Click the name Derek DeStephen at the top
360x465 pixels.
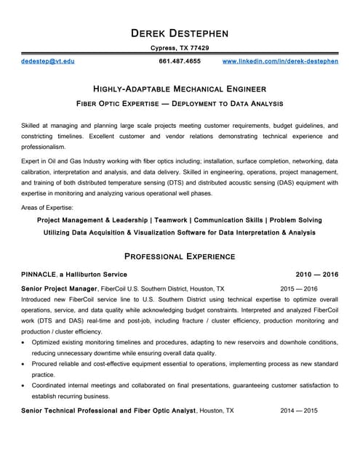coord(180,33)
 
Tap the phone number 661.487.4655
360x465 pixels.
coord(180,61)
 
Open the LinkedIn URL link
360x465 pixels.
coord(280,61)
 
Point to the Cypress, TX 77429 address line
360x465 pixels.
coord(180,48)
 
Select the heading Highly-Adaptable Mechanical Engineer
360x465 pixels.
coord(180,87)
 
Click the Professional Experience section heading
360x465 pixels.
coord(180,256)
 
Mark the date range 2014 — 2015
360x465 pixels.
coord(299,411)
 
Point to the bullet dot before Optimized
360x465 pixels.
coord(25,342)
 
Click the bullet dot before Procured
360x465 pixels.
coord(25,364)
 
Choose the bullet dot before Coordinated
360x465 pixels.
coord(25,386)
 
